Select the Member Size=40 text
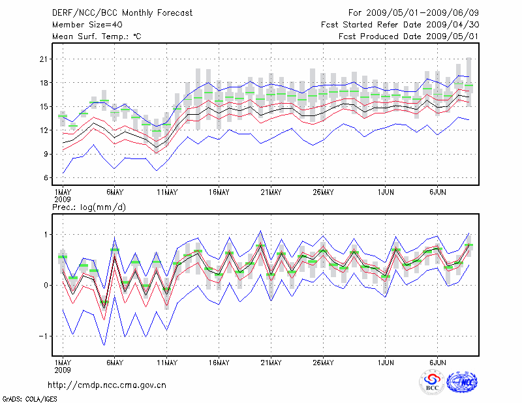(x=83, y=25)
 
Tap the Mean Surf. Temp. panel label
(x=97, y=37)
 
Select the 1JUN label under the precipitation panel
(x=386, y=362)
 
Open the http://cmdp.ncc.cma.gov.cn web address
(x=107, y=385)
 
